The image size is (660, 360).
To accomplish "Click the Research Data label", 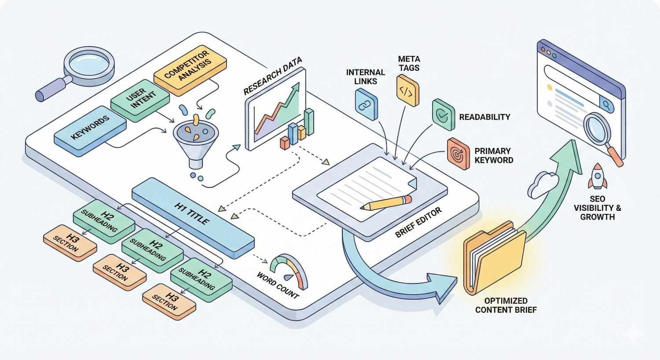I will pyautogui.click(x=272, y=75).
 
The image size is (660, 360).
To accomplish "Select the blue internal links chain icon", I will pyautogui.click(x=366, y=105).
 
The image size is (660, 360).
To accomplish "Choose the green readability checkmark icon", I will pyautogui.click(x=443, y=115).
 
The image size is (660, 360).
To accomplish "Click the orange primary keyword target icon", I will pyautogui.click(x=458, y=154).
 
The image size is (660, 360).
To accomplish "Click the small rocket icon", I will pyautogui.click(x=597, y=176).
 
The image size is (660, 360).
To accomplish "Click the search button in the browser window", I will pyautogui.click(x=608, y=105).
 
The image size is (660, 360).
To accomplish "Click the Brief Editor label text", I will pyautogui.click(x=418, y=223).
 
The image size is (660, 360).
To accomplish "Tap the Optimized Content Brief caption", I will pyautogui.click(x=506, y=305).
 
